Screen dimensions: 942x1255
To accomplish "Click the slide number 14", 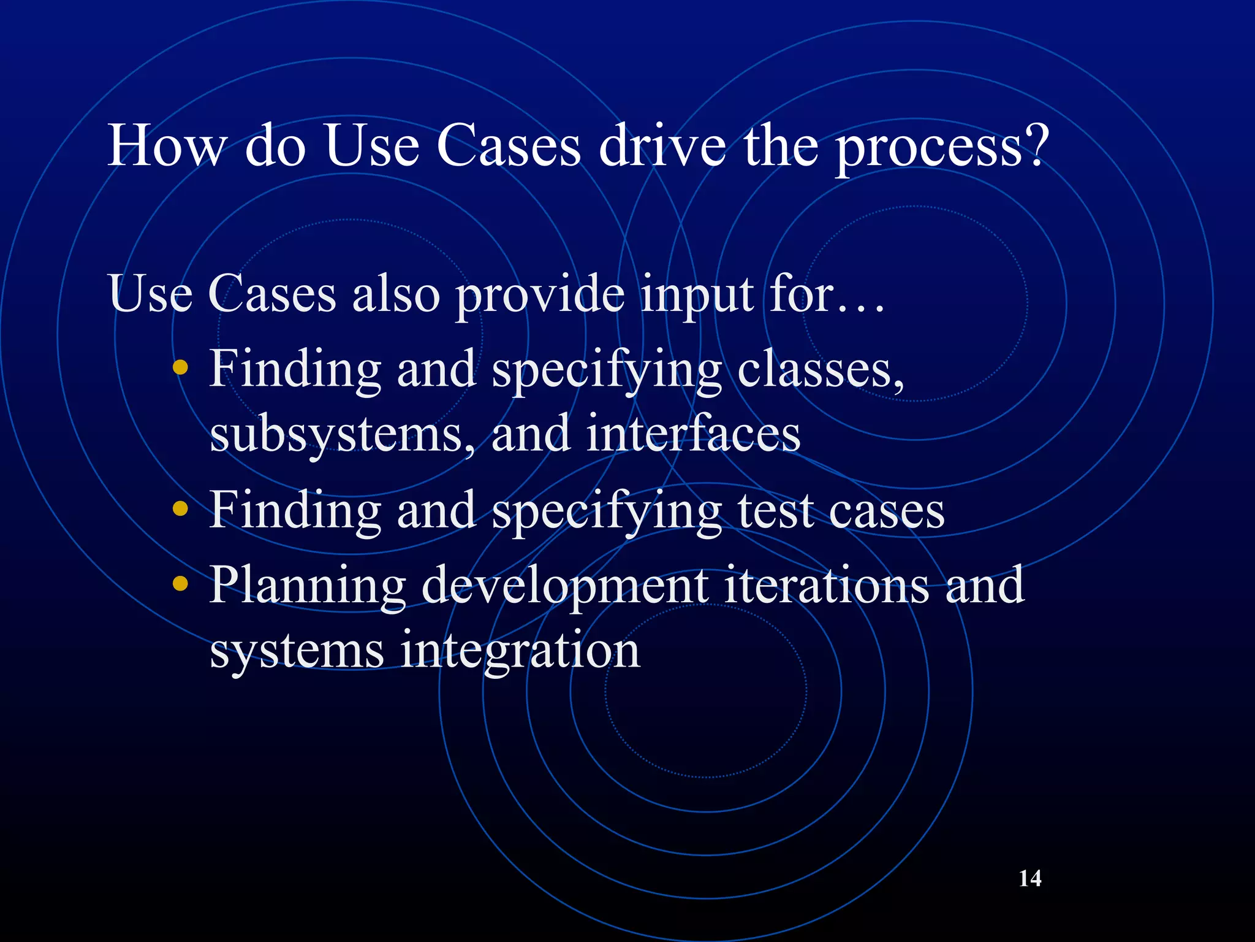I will [x=1029, y=878].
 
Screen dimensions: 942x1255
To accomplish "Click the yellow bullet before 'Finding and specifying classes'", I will [x=180, y=369].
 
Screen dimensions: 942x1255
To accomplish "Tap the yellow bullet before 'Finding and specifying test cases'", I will [x=180, y=508].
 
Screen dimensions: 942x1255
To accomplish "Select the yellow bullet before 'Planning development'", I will [x=180, y=583].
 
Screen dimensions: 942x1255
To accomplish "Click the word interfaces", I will [x=693, y=434].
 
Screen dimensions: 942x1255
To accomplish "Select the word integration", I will [x=520, y=652].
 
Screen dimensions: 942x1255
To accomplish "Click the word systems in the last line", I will [x=297, y=652].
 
